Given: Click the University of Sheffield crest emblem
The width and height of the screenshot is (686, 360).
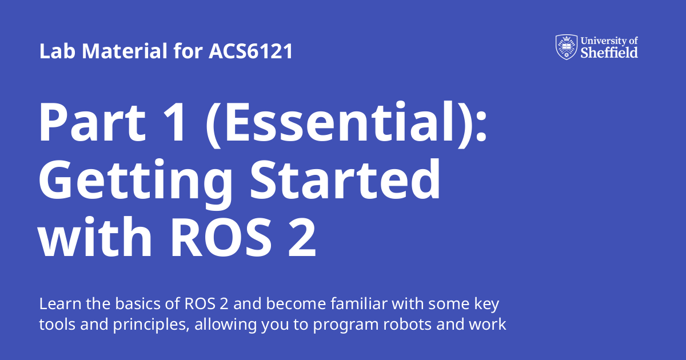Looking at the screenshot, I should coord(566,47).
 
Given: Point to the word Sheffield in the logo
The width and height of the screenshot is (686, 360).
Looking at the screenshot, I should coord(609,53).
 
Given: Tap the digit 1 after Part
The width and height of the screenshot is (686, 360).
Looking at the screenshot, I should coord(174,122).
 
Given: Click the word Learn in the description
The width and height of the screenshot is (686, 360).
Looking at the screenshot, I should coord(56,303).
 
